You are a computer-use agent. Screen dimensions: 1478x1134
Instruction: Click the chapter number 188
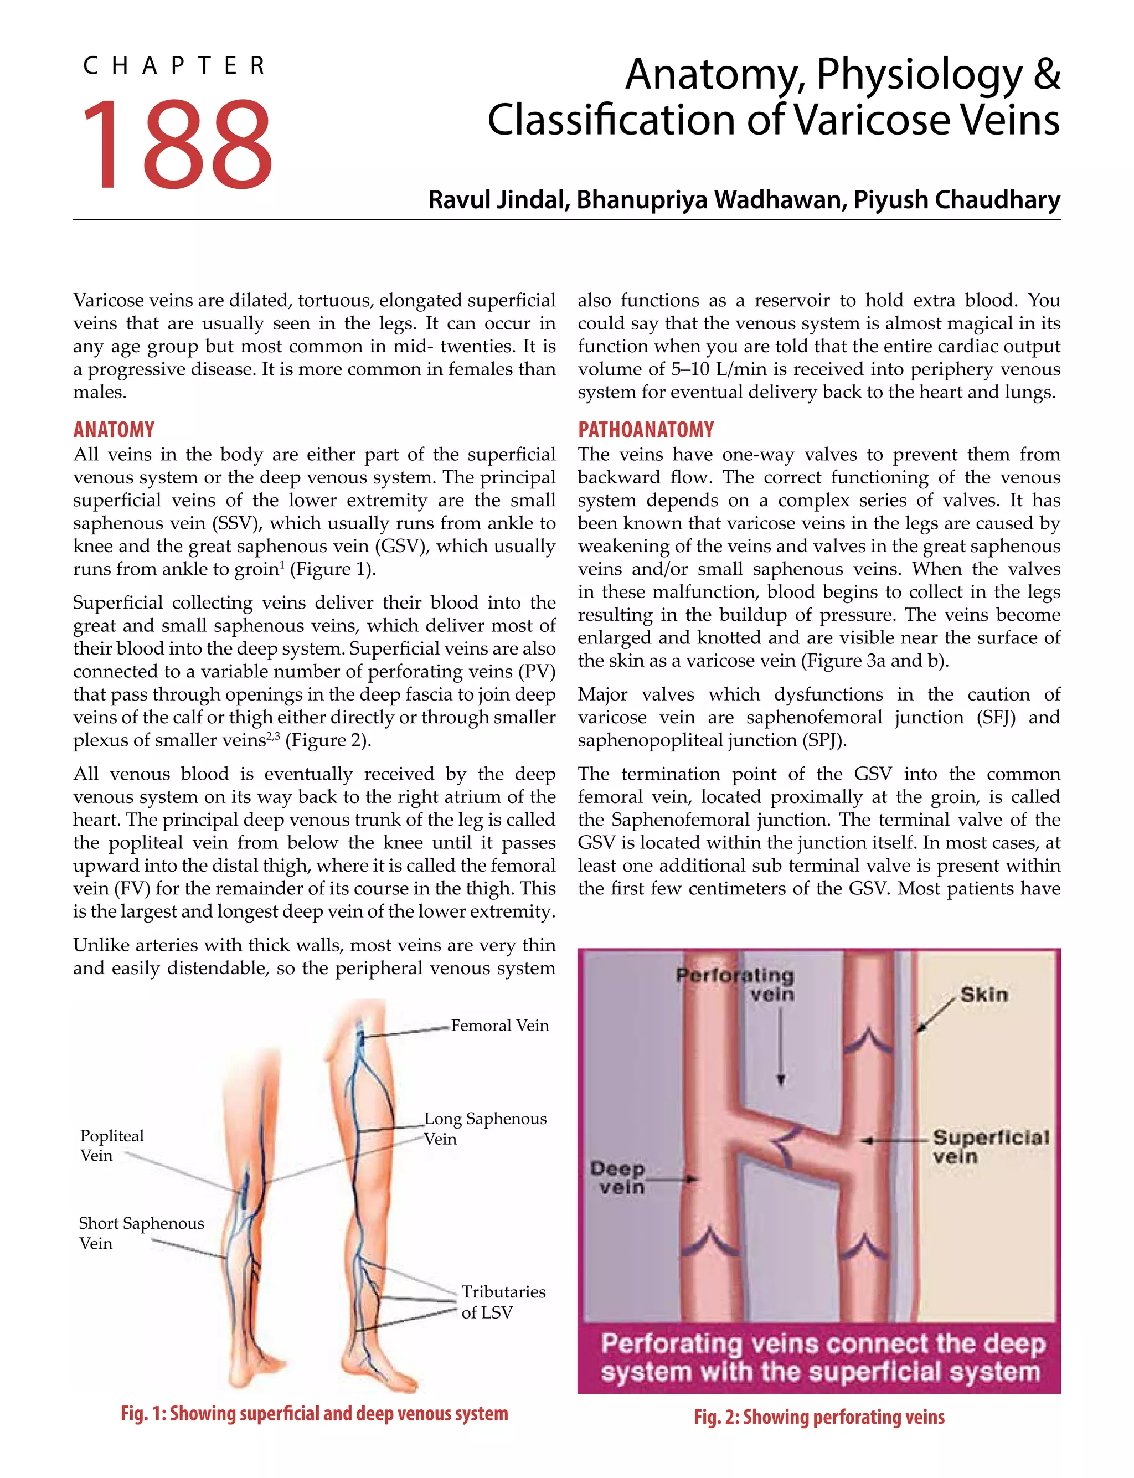(x=177, y=144)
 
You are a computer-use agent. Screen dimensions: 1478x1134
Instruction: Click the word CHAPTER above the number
(x=174, y=66)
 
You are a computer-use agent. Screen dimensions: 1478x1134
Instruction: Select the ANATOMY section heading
(x=114, y=430)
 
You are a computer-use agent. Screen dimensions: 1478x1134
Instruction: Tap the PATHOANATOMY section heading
(x=645, y=430)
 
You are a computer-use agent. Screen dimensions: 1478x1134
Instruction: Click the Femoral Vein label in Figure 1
(x=499, y=1026)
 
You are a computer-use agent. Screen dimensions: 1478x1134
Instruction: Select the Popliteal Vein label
(x=111, y=1145)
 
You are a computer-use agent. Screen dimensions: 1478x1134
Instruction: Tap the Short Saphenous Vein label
(x=141, y=1233)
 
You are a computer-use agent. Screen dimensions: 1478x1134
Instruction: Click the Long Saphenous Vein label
(x=484, y=1129)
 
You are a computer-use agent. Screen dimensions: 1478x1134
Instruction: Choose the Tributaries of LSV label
(x=503, y=1302)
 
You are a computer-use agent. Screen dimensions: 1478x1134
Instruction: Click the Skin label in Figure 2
(x=983, y=994)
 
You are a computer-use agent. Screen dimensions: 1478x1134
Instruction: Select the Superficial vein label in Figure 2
(x=990, y=1147)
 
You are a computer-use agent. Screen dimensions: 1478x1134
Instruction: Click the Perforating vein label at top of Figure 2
(x=736, y=985)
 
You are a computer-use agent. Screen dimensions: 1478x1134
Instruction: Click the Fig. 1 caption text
(x=314, y=1413)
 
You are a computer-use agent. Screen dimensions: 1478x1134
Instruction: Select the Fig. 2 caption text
(x=819, y=1417)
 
